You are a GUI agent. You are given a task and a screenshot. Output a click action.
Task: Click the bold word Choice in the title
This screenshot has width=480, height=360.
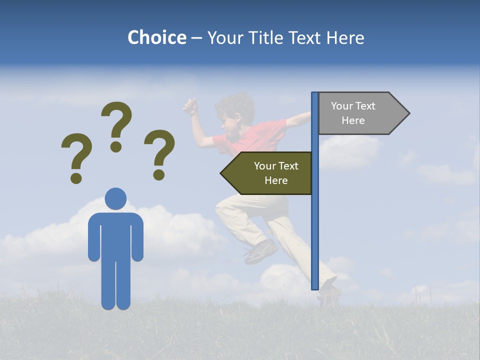156,37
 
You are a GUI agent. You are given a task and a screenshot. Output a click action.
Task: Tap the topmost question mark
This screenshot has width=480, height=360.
116,125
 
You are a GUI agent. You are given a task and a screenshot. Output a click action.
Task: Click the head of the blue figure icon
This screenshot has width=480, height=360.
115,198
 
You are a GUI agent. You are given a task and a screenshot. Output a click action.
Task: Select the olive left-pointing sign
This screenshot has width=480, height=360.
270,173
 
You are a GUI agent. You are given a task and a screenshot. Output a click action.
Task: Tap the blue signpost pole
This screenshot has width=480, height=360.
315,225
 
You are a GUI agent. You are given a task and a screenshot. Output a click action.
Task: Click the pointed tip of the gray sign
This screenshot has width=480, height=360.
407,113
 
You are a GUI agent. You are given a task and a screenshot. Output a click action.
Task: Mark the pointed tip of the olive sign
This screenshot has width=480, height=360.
222,173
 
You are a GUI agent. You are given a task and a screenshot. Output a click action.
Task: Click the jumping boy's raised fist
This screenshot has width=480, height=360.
189,106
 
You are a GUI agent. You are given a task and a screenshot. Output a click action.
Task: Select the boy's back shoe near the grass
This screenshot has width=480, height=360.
329,295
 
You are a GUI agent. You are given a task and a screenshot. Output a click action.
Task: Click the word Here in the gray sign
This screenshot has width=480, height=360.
353,120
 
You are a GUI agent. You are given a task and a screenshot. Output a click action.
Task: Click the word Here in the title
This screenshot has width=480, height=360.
345,37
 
